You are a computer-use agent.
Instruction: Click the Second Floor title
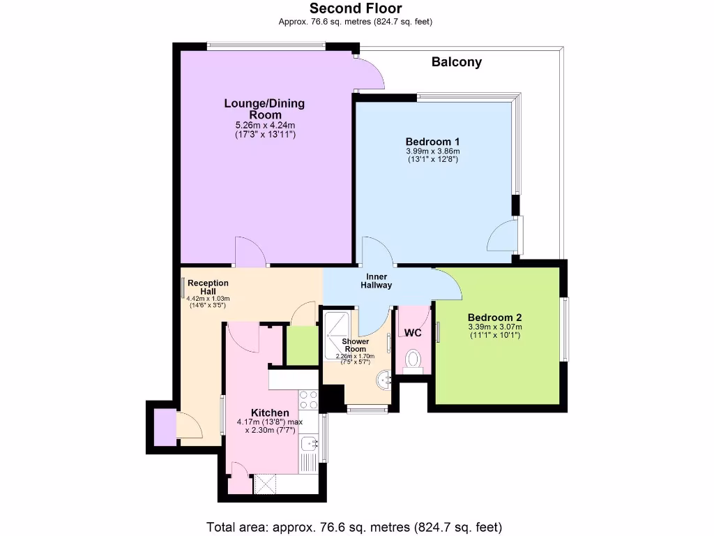[x=356, y=8]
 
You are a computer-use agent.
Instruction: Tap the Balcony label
[x=457, y=62]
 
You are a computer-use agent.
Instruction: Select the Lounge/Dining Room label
[x=264, y=109]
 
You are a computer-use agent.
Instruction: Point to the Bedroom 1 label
[x=433, y=142]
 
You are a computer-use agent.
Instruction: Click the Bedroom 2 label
[x=495, y=316]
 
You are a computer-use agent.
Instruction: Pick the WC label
[x=413, y=333]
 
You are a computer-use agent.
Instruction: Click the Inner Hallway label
[x=377, y=281]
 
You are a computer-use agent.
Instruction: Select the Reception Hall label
[x=208, y=287]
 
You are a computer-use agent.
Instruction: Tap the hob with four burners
[x=308, y=399]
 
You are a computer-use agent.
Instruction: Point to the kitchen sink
[x=309, y=445]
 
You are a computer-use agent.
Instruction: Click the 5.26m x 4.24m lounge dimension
[x=264, y=126]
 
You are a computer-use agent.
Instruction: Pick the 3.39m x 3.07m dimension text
[x=495, y=327]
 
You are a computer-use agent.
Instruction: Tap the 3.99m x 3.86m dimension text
[x=433, y=151]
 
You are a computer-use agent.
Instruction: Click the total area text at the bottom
[x=354, y=527]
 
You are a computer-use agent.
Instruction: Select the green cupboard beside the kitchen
[x=303, y=345]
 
